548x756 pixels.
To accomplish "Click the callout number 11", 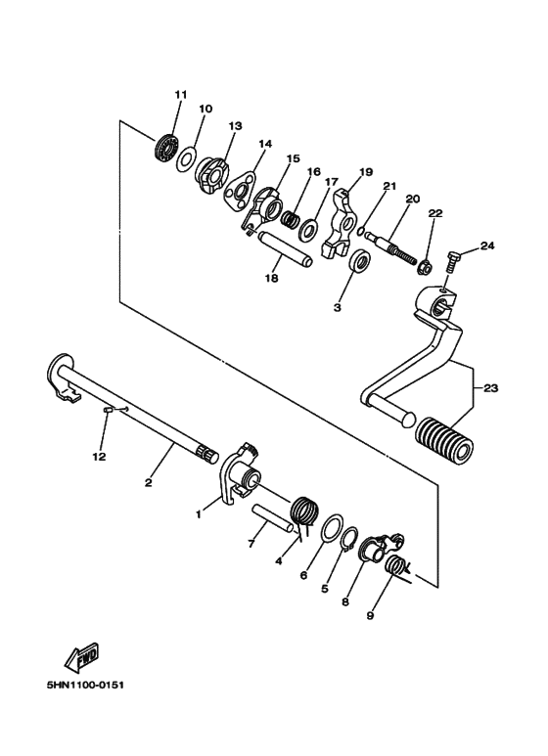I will (180, 94).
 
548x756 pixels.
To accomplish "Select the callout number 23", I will (490, 388).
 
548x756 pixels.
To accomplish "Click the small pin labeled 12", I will (108, 411).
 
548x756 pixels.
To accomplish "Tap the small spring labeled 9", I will (398, 568).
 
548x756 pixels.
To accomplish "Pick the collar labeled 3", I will (360, 262).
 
